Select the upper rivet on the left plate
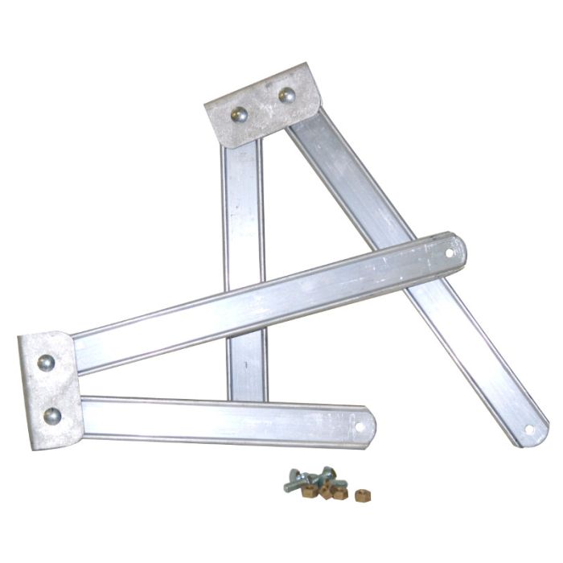pyautogui.click(x=46, y=363)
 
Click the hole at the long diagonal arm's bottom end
pyautogui.click(x=528, y=429)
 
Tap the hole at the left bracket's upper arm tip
pyautogui.click(x=449, y=253)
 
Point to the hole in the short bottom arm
pyautogui.click(x=359, y=425)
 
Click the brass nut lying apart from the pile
pyautogui.click(x=362, y=495)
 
